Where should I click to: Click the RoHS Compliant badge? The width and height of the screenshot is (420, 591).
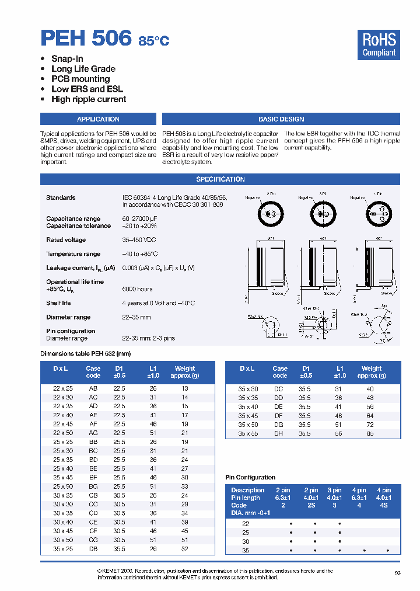click(x=379, y=45)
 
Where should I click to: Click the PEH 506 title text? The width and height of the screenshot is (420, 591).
click(x=86, y=38)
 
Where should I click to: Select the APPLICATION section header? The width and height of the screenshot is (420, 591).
click(x=98, y=119)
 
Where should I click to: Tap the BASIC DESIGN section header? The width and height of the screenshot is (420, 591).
click(x=281, y=119)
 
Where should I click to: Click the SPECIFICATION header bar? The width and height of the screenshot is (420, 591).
click(x=220, y=179)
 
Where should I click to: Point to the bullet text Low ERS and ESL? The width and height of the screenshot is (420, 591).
click(x=87, y=89)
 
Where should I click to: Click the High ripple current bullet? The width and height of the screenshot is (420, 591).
click(x=89, y=99)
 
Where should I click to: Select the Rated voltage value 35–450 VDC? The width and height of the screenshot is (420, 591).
click(x=139, y=240)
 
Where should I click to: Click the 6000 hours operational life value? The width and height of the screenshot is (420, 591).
click(x=138, y=289)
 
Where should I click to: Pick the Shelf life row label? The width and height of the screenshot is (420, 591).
click(x=58, y=303)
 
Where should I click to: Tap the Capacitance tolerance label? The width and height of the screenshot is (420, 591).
click(x=78, y=226)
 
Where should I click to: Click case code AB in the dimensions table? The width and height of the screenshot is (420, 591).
click(x=93, y=388)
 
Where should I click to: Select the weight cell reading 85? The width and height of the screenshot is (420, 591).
click(x=370, y=434)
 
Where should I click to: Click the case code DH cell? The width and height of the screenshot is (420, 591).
click(x=278, y=434)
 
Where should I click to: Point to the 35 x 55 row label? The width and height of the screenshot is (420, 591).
click(x=248, y=434)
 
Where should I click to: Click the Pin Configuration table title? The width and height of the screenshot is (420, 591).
click(x=250, y=478)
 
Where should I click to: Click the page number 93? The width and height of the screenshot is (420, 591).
click(x=397, y=573)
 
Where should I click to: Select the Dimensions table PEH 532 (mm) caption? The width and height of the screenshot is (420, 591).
click(x=85, y=353)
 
